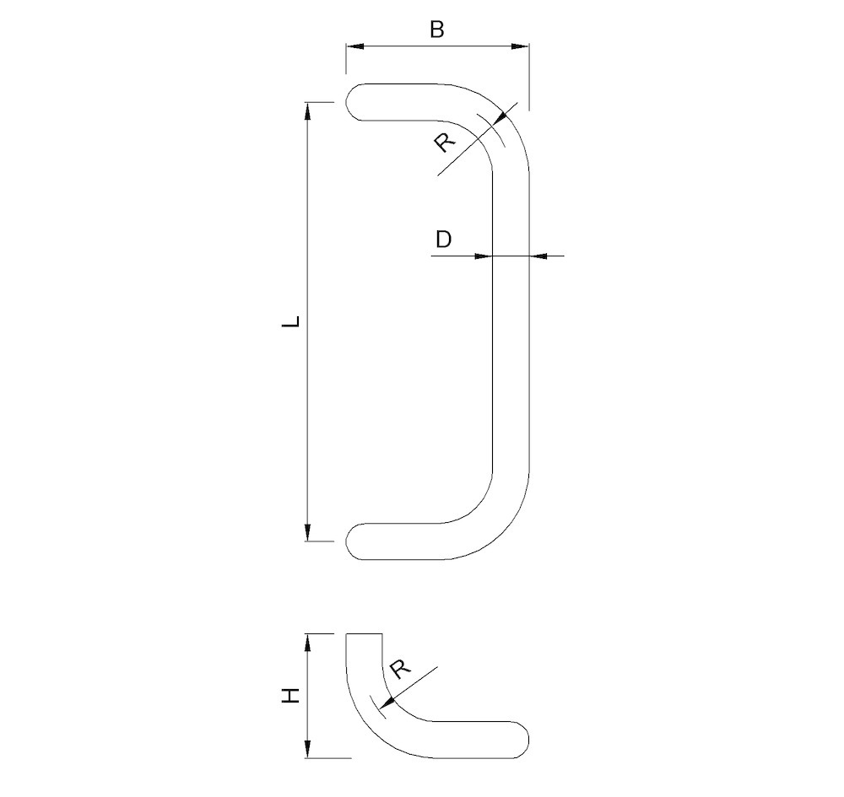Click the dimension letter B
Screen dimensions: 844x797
437,29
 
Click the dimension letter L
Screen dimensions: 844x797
291,321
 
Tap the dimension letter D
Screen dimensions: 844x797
444,240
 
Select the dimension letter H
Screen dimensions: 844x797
290,696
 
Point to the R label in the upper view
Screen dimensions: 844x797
444,142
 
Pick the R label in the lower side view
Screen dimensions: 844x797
400,670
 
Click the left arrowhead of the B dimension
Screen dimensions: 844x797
355,46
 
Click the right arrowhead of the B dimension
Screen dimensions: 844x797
519,46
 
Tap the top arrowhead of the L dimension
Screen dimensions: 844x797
308,111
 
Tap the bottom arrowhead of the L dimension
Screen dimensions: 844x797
308,532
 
